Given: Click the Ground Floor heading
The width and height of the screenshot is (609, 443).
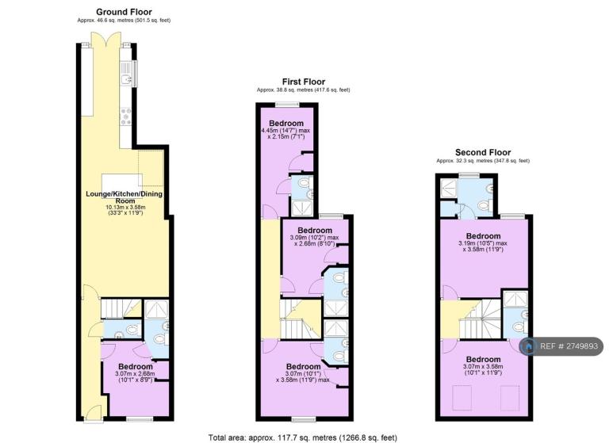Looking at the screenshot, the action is (x=124, y=12).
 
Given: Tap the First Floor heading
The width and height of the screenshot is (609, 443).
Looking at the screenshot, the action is (x=304, y=82).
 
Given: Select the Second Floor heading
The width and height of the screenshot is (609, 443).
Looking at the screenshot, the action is (x=483, y=153).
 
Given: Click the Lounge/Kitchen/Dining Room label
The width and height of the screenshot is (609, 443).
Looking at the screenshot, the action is (x=124, y=197).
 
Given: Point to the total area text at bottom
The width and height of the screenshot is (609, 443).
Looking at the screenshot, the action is (x=303, y=437).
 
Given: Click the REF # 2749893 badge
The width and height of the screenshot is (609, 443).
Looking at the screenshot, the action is (x=562, y=346).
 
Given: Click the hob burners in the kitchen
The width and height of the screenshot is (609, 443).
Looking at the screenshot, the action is (x=126, y=116).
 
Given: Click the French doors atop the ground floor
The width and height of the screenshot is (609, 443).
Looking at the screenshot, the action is (x=106, y=40).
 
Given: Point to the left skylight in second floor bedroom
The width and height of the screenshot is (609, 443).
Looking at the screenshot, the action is (x=462, y=398).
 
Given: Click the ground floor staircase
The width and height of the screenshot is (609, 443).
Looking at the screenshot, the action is (x=121, y=308).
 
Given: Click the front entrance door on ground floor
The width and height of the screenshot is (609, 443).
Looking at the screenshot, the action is (x=94, y=413).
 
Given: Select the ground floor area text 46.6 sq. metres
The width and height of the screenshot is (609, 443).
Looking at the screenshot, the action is (x=124, y=20).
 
